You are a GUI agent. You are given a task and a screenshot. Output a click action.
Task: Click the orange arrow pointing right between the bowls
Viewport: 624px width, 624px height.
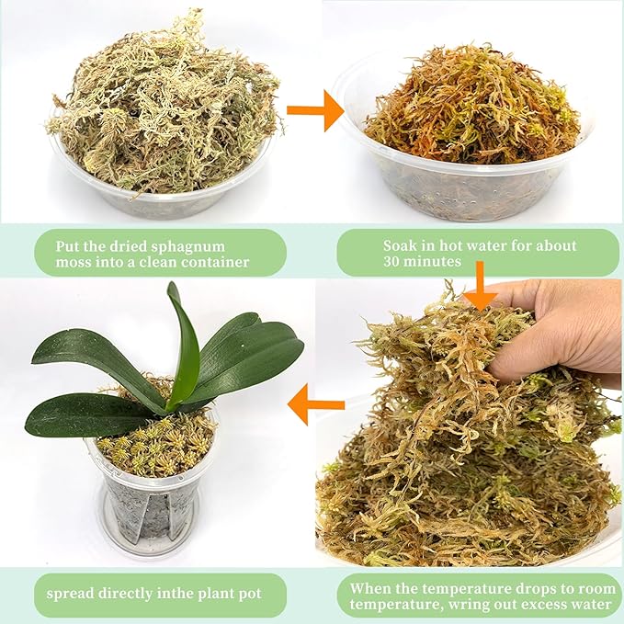coord(314,110)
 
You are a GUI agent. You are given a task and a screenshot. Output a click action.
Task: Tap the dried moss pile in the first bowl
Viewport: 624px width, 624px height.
coord(161,106)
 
